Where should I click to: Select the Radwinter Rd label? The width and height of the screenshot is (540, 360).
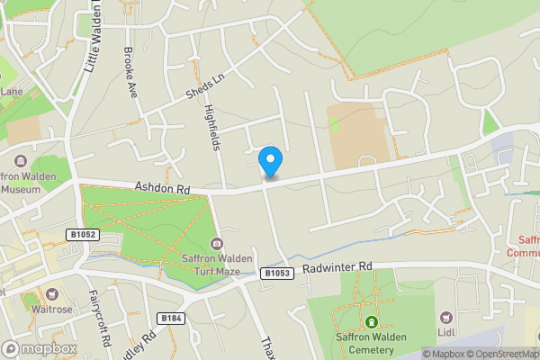point(337,267)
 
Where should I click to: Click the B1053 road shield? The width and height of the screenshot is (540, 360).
point(278,273)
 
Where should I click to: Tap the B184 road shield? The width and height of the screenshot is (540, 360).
point(171,318)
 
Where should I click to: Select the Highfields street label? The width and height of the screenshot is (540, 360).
point(212,127)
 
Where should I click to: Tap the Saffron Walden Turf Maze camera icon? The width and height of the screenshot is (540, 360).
point(216,244)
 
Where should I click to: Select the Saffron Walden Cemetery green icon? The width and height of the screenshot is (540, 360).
point(370,322)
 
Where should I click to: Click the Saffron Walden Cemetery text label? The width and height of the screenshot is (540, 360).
point(370,342)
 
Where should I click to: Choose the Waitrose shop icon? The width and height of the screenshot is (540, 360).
point(52,294)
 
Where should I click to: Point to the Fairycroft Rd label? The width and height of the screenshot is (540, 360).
point(100,319)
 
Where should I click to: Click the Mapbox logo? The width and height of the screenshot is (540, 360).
point(39,348)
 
